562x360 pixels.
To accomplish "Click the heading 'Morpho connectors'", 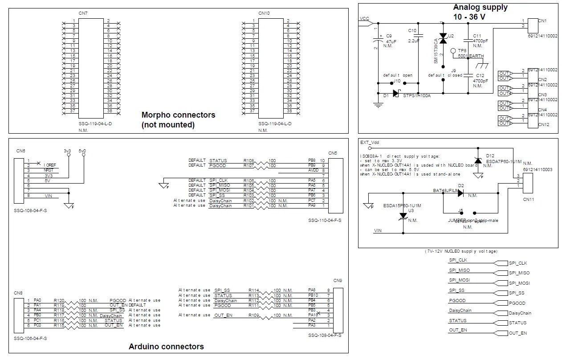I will (x=178, y=115).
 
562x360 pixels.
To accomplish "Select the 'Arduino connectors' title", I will (x=166, y=347).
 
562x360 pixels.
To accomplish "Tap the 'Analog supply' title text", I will (x=480, y=7).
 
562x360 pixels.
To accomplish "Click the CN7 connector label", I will (x=83, y=14).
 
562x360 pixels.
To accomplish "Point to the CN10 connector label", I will (x=264, y=14).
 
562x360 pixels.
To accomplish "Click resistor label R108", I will (x=248, y=160).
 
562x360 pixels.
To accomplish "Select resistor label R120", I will (x=59, y=300).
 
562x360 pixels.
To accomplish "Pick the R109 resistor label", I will (x=253, y=315).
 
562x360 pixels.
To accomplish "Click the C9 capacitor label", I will (x=389, y=36).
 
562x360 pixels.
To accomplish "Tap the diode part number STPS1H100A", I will (x=417, y=95).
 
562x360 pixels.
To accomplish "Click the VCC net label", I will (x=364, y=19).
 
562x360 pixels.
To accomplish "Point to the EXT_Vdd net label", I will (x=370, y=143).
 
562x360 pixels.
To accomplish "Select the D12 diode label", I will (x=490, y=156).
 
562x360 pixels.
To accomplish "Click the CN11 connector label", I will (x=529, y=199).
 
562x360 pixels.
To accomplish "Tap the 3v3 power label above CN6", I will (x=67, y=151).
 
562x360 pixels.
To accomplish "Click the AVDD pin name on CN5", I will (x=314, y=170).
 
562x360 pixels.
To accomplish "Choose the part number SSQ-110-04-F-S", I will (x=325, y=220).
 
